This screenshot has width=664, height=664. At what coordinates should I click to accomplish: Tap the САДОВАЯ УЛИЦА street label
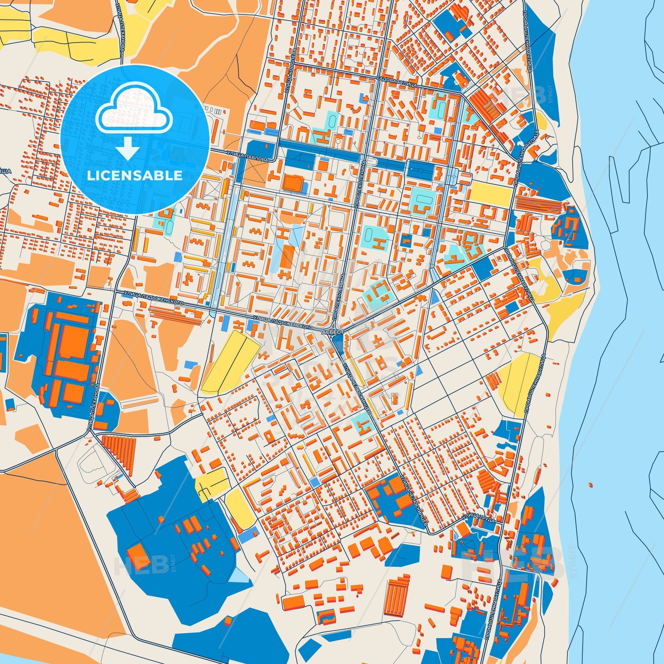tap(396, 82)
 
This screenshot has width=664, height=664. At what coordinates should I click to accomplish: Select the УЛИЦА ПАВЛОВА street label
tap(247, 156)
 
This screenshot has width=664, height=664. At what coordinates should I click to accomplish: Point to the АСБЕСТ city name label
tap(332, 331)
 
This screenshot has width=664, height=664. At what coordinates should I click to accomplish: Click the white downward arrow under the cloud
tap(128, 148)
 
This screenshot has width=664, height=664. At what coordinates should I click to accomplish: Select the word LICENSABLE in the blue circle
tap(135, 176)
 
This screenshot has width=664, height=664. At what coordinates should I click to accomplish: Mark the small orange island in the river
tap(590, 484)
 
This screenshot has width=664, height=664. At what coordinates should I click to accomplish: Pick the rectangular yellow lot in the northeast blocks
tap(491, 194)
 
